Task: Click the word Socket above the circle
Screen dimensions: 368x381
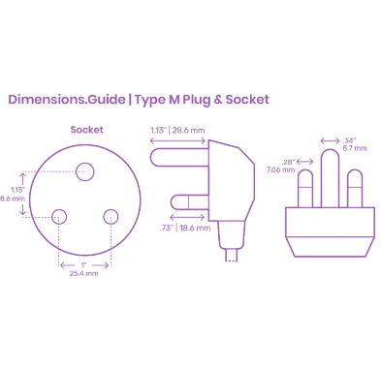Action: point(86,129)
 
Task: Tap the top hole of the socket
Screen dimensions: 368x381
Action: point(84,172)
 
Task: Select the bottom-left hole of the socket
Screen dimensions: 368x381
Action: point(60,215)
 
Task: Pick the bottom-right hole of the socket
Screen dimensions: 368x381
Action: point(110,215)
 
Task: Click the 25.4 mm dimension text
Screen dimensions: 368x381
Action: point(84,274)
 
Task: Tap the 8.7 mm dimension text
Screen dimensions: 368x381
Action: point(355,149)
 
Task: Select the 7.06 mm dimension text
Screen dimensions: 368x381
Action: point(282,169)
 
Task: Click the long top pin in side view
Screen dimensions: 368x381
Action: point(176,153)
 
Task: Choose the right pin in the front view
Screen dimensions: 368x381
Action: point(354,189)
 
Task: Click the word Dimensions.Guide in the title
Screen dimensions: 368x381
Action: point(66,99)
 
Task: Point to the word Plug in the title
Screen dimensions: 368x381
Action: point(195,99)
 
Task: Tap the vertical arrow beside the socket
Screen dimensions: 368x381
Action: point(22,194)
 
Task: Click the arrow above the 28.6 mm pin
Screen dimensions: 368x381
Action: point(176,139)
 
